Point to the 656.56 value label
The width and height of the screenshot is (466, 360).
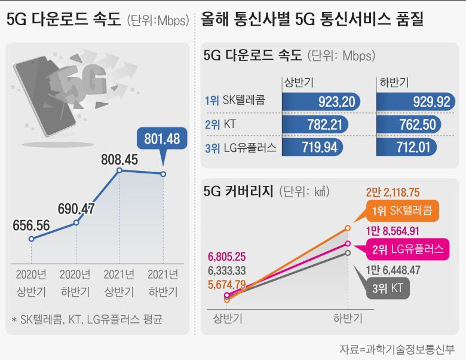pyautogui.click(x=33, y=226)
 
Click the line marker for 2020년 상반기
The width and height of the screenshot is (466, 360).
pyautogui.click(x=31, y=239)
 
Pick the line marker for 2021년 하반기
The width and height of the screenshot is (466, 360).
pyautogui.click(x=163, y=174)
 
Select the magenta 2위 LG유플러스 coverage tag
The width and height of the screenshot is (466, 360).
pyautogui.click(x=406, y=249)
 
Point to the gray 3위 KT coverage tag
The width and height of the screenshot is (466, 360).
pyautogui.click(x=387, y=288)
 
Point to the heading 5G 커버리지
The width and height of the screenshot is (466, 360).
pyautogui.click(x=238, y=191)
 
